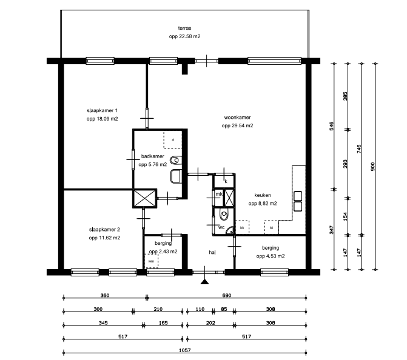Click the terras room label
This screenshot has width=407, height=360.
184,28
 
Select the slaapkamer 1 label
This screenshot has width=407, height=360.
102,110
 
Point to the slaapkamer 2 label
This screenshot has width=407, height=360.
104,230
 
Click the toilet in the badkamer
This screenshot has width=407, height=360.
176,160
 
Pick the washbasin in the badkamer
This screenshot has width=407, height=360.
176,176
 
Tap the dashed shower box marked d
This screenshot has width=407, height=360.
173,140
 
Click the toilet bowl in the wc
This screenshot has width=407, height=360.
224,214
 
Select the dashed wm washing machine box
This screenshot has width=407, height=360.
151,261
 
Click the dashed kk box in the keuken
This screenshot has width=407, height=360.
242,227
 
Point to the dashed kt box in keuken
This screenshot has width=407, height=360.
271,227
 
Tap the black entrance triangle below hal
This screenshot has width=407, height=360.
205,282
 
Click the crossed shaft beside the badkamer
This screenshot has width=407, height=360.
144,198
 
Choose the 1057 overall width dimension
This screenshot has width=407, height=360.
185,350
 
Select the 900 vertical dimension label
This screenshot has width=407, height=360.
373,167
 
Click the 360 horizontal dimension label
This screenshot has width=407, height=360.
105,295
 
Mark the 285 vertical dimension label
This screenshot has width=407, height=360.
345,96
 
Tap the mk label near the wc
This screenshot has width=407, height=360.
219,194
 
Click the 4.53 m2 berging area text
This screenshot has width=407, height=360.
271,256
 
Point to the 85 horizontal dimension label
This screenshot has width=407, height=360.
224,309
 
